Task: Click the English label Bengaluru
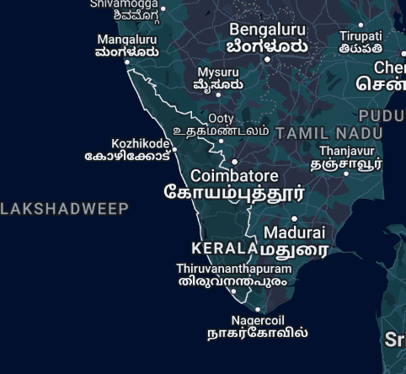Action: [x=267, y=29]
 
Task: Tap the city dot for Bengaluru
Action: [x=267, y=59]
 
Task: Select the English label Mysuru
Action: [x=218, y=72]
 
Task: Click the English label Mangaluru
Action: [x=127, y=40]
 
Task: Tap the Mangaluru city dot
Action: [x=128, y=61]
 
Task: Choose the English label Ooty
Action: [x=221, y=119]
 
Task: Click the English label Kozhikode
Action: [x=141, y=144]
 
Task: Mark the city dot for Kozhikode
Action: [x=174, y=150]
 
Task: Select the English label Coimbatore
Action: [x=234, y=176]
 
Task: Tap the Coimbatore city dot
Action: [x=234, y=161]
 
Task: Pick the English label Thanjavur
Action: [x=346, y=152]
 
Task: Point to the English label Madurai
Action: [x=294, y=232]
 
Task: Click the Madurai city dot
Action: [x=294, y=218]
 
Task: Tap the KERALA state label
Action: [x=224, y=248]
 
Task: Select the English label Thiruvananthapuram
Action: [x=233, y=269]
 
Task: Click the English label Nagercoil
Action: [x=258, y=320]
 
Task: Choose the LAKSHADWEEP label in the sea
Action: [x=65, y=209]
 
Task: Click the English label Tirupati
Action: [x=361, y=36]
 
